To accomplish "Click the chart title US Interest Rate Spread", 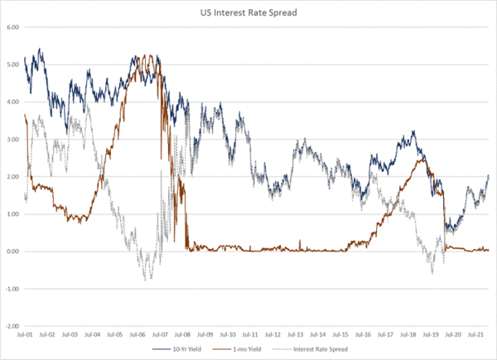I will (248, 12).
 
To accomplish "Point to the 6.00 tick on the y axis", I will (13, 26).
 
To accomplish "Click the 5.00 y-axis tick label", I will (13, 64).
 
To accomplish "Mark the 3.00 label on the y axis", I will (13, 139).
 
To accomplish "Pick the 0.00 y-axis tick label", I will (13, 252).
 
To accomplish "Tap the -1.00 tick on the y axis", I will (12, 289).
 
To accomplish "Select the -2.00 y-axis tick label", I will (12, 326).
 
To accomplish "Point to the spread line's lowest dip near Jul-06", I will (146, 280).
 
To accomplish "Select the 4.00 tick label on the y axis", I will (13, 102).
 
